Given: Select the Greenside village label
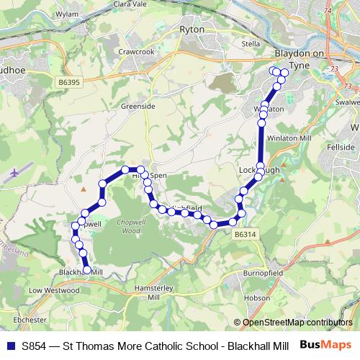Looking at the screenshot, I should [141, 106].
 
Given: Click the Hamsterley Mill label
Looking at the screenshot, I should [152, 292].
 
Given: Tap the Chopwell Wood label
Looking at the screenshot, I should [130, 226].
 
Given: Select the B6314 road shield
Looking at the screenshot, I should [245, 234].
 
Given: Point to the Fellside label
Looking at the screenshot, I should [341, 147].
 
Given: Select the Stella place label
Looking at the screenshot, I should [251, 43].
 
